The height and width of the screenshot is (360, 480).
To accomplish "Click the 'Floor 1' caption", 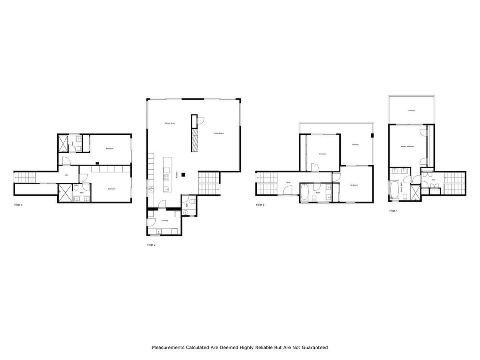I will (x=18, y=204).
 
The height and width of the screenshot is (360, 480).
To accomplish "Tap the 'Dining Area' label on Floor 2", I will (x=170, y=123).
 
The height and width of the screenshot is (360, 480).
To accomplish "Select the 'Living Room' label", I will (x=218, y=133).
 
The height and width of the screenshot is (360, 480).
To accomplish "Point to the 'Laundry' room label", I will (x=164, y=220).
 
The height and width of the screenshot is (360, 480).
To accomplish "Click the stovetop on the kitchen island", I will (x=166, y=178).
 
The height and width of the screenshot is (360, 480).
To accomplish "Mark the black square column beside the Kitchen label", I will (x=183, y=174).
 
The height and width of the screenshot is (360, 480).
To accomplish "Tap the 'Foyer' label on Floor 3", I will (x=288, y=182).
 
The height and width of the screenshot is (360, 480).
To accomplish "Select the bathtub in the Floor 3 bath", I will (x=305, y=192).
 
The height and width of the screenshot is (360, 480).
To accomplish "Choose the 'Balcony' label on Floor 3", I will (x=355, y=144).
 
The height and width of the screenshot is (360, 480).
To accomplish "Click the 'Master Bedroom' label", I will (x=407, y=146).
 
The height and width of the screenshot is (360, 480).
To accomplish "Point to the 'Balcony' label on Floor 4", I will (x=411, y=111).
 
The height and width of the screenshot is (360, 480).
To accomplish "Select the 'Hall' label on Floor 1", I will (x=66, y=175).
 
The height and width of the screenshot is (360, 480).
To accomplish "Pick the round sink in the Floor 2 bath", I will (x=186, y=212).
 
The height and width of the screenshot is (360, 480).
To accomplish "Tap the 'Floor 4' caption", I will (x=394, y=210).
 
